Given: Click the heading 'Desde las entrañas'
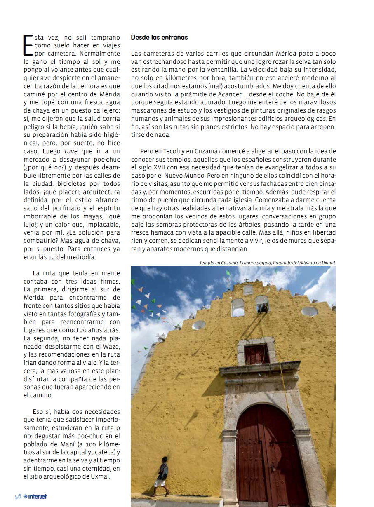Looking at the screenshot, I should coord(159,37).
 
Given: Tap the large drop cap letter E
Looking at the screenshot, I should coord(28,45).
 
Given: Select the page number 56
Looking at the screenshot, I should coord(18,496).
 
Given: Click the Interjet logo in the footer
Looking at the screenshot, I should coord(35,496).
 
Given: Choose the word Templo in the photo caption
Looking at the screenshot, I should coord(207,262).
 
